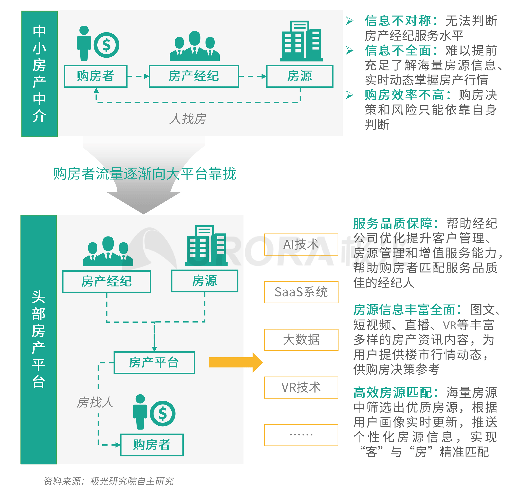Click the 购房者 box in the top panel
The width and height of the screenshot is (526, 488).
tap(96, 76)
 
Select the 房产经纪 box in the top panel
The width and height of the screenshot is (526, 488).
tap(194, 76)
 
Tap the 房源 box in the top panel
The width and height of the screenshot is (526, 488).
tap(300, 76)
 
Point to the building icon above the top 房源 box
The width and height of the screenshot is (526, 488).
tap(301, 41)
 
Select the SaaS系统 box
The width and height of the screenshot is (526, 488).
tap(301, 292)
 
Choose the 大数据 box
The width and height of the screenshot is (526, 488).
tap(301, 340)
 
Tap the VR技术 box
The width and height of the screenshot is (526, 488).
tap(301, 387)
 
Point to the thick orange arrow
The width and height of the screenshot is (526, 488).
tap(236, 362)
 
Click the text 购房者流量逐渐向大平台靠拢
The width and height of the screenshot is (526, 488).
tap(145, 174)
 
